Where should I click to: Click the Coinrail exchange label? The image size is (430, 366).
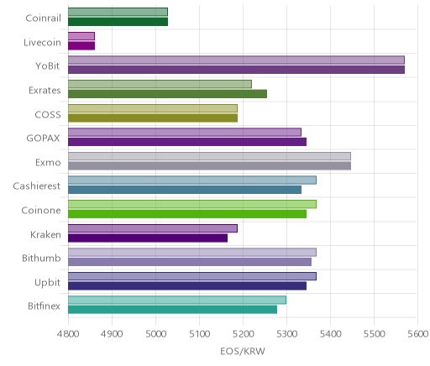point(43,18)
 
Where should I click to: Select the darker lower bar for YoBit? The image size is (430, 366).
point(236,70)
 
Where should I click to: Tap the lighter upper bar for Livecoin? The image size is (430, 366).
point(81,36)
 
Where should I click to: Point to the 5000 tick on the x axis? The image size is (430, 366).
point(155,334)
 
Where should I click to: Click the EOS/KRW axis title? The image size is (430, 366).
point(243,352)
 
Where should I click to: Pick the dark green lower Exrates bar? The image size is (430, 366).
point(167,94)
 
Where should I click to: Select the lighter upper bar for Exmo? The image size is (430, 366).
point(209,156)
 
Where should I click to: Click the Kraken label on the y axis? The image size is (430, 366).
point(45,234)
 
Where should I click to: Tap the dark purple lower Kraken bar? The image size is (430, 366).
point(148,238)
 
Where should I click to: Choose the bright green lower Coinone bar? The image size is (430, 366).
point(187,214)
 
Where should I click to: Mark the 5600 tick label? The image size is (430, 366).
point(418,334)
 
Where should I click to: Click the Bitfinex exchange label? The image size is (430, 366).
point(44,306)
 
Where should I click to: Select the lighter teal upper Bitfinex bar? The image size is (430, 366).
point(177,300)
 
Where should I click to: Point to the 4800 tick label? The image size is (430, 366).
point(68,334)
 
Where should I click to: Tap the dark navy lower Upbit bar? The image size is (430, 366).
point(187,286)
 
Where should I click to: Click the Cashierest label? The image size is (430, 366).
point(37,186)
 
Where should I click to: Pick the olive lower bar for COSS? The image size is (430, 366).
point(153,118)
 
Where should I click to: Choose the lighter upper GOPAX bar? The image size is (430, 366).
point(185,132)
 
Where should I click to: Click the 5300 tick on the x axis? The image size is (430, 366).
point(286,334)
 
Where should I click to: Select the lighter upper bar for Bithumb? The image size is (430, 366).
point(192,252)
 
